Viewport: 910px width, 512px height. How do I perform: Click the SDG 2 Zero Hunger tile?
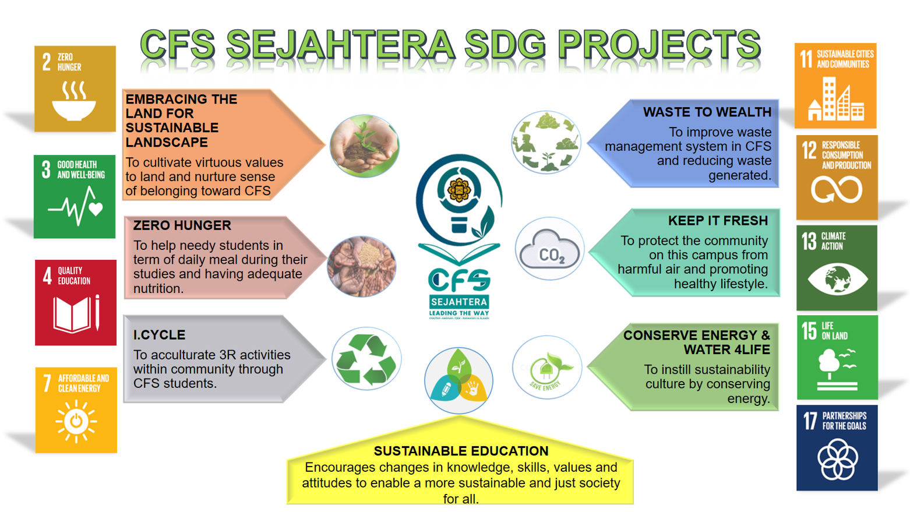point(75,89)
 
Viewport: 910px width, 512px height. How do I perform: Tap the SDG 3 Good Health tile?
point(75,196)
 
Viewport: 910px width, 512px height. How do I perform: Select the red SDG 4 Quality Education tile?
point(75,302)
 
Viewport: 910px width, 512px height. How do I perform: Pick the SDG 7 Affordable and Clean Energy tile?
point(76,410)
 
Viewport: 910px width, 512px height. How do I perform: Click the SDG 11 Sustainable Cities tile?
point(835,86)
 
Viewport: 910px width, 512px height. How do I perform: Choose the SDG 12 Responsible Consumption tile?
point(837,178)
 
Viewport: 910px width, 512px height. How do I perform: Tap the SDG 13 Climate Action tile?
point(837,268)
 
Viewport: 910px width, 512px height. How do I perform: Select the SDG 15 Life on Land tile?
point(837,358)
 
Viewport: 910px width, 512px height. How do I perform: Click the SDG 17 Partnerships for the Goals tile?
point(837,448)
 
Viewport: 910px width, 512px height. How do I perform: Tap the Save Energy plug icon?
point(546,368)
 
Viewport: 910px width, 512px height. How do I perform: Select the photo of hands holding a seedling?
point(364,146)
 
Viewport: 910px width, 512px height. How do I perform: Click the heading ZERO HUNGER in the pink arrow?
point(182,225)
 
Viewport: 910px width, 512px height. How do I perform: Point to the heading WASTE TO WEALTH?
point(707,112)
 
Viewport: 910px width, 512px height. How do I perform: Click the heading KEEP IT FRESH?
point(718,221)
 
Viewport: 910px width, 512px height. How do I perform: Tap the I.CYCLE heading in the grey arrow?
point(159,335)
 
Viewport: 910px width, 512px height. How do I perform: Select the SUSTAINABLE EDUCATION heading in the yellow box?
point(461,451)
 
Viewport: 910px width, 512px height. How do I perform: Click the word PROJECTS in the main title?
point(658,45)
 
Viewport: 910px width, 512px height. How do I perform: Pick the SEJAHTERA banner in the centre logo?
point(459,302)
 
